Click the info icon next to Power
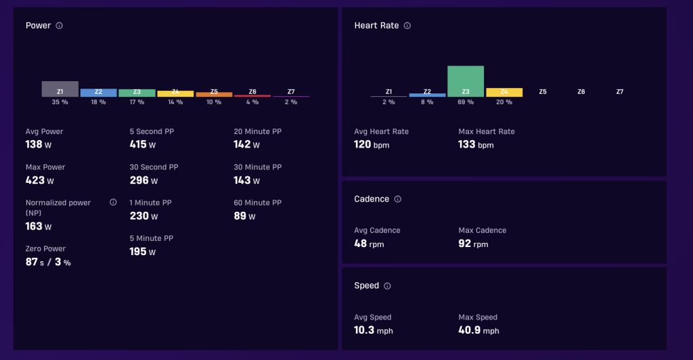pyautogui.click(x=60, y=26)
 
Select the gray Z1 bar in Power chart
pyautogui.click(x=60, y=89)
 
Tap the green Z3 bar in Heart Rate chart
pyautogui.click(x=466, y=81)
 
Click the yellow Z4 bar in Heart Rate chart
pyautogui.click(x=504, y=92)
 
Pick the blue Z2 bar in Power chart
pyautogui.click(x=99, y=93)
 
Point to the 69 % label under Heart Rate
pyautogui.click(x=466, y=102)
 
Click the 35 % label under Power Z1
pyautogui.click(x=60, y=102)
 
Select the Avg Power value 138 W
pyautogui.click(x=39, y=144)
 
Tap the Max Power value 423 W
pyautogui.click(x=40, y=180)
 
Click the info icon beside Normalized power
pyautogui.click(x=113, y=202)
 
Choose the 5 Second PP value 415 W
pyautogui.click(x=142, y=144)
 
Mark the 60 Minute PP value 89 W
pyautogui.click(x=244, y=216)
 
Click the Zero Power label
pyautogui.click(x=45, y=249)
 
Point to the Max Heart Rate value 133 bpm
pyautogui.click(x=476, y=144)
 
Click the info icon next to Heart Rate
pyautogui.click(x=407, y=26)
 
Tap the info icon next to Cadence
pyautogui.click(x=398, y=199)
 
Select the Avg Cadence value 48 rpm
pyautogui.click(x=369, y=244)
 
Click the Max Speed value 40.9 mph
pyautogui.click(x=478, y=330)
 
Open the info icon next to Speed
pyautogui.click(x=387, y=286)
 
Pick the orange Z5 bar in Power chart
pyautogui.click(x=214, y=95)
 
